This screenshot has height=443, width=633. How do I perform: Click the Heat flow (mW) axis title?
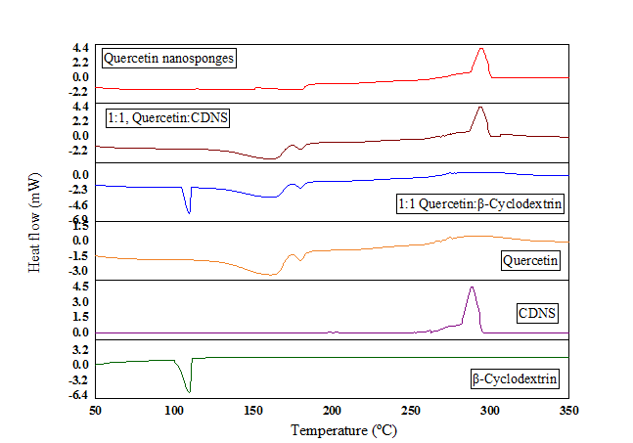pyautogui.click(x=34, y=223)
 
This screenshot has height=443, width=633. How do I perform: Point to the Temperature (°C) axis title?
pyautogui.click(x=343, y=429)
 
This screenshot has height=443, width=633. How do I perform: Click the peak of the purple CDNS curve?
pyautogui.click(x=472, y=288)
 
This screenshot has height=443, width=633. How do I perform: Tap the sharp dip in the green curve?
pyautogui.click(x=188, y=391)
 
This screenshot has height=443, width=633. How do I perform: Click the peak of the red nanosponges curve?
pyautogui.click(x=480, y=49)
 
